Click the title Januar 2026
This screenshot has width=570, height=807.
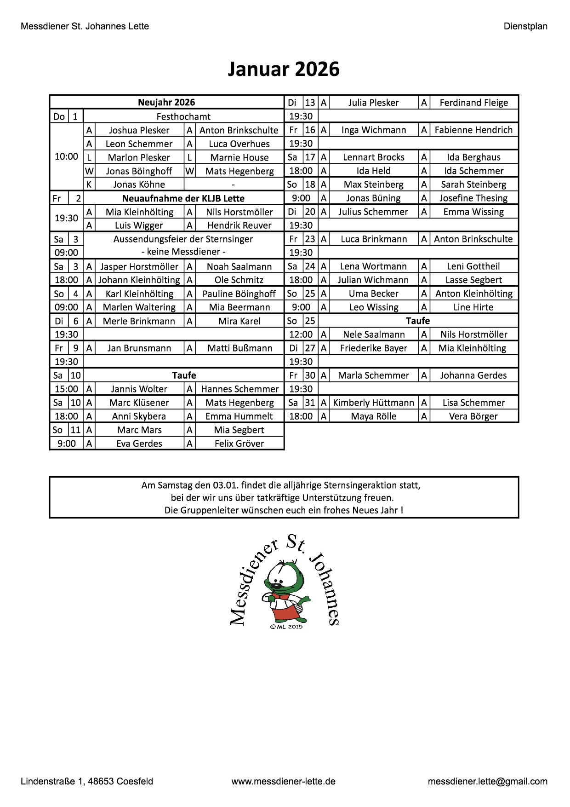click(x=284, y=69)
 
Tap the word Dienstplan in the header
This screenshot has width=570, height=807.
click(x=525, y=26)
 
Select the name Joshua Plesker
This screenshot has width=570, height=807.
click(x=139, y=130)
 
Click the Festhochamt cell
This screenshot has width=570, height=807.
click(x=183, y=116)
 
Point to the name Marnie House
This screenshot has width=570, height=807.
click(x=239, y=157)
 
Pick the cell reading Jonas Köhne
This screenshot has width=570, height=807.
click(x=139, y=184)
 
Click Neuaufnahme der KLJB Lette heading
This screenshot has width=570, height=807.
click(x=183, y=198)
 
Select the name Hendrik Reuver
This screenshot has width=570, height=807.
click(x=239, y=225)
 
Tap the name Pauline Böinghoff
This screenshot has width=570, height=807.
click(x=239, y=294)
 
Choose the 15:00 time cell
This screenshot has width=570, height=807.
click(x=66, y=389)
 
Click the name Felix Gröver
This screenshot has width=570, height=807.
click(x=239, y=444)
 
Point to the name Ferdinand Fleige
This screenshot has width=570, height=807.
click(x=473, y=103)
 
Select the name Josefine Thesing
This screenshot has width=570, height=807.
click(x=473, y=198)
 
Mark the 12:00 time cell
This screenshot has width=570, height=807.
click(x=301, y=334)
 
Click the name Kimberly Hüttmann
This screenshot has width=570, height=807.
click(x=373, y=403)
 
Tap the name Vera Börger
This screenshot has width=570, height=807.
click(x=473, y=416)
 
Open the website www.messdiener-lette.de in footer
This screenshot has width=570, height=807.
click(x=284, y=781)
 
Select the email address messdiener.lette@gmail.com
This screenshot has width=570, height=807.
click(x=487, y=781)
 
